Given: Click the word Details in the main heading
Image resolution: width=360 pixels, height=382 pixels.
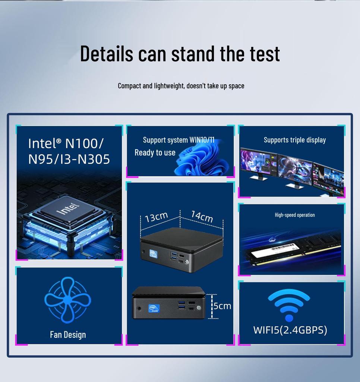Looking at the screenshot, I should pos(106,53).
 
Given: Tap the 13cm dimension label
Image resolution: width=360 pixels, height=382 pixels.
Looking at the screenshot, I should pos(156,217).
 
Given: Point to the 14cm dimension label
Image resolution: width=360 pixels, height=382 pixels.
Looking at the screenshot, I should pos(202,216).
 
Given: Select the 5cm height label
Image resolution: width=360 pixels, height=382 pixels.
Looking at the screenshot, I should pos(222,306).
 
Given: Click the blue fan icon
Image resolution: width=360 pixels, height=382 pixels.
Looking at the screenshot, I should pos(67,300).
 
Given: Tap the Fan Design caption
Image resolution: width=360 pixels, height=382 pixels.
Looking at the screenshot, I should pos(68,335).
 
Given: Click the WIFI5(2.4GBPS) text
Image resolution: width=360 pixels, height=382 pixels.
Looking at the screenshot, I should pos(290,330).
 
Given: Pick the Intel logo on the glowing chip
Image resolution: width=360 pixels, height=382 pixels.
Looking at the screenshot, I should pos(68,209).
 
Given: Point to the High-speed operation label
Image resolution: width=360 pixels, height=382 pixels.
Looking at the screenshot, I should pos(295,215).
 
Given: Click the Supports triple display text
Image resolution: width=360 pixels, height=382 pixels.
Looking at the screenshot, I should pos(295,140).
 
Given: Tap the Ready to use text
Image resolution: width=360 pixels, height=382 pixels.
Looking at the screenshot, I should pos(155,153).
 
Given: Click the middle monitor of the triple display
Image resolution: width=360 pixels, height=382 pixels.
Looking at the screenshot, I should pos(295,170).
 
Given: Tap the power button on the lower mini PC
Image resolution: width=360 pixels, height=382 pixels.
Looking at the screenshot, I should pos(199,308).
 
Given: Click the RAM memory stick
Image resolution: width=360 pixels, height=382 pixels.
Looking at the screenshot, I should pos(294,252).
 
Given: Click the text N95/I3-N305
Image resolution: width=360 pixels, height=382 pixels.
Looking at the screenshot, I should pos(69,159).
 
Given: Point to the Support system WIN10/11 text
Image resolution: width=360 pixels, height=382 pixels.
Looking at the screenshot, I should pos(179,140).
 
